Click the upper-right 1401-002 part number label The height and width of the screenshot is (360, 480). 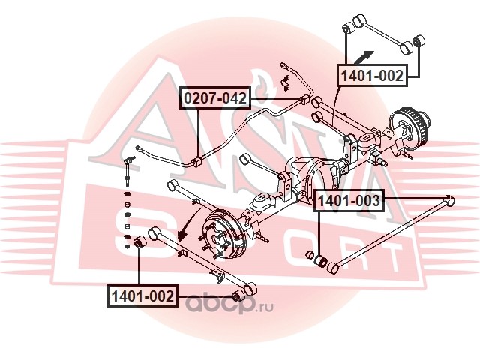tap(373, 76)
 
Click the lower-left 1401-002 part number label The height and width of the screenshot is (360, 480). tap(142, 296)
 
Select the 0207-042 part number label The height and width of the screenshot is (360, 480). tap(214, 98)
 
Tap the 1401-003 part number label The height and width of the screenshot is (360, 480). tap(349, 200)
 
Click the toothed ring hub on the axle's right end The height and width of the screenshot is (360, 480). tap(412, 123)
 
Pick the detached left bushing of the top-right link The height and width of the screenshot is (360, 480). tap(347, 29)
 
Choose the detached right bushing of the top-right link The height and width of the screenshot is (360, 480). tap(418, 39)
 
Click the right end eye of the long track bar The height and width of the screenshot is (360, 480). tap(448, 199)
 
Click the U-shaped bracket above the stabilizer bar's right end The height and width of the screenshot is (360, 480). tap(284, 77)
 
